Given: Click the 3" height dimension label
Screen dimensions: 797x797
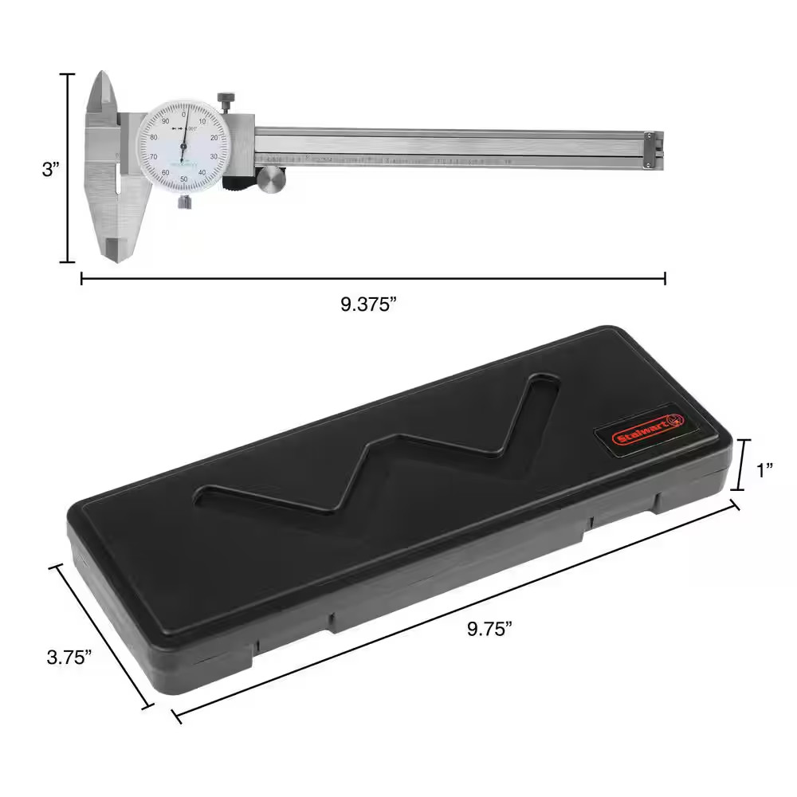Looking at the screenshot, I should coord(50,170).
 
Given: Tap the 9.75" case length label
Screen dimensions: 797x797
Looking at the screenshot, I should coord(489,629).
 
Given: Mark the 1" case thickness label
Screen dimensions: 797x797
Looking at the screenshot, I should coord(765,470).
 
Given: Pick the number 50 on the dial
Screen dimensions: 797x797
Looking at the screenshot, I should coord(184,180).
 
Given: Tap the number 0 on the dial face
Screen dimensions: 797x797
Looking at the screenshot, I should coord(184,114).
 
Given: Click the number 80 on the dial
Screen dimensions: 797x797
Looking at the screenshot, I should coord(155,137).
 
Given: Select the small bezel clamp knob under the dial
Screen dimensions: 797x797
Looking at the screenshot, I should coord(184,202).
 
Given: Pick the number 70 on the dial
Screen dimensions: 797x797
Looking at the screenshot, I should coord(154,158).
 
